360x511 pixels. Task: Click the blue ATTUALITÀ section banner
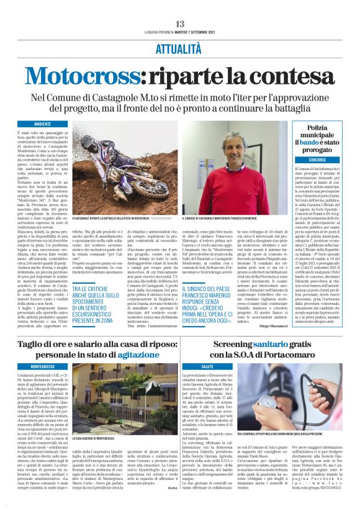point(179,46)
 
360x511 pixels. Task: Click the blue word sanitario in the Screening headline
point(276,344)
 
